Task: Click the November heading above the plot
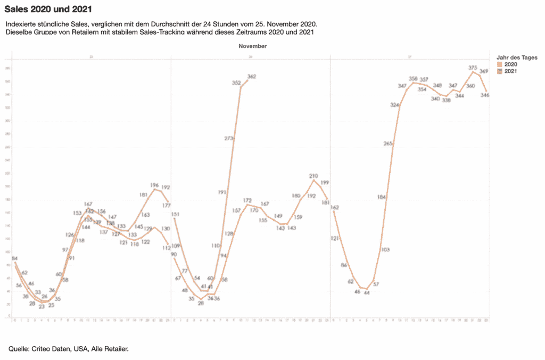[252, 46]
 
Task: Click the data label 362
[252, 77]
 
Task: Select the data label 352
[236, 83]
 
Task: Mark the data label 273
[229, 138]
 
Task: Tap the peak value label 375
[473, 68]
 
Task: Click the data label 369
[484, 71]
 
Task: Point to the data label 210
[313, 176]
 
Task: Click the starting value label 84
[15, 259]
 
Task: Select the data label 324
[394, 105]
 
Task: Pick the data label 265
[388, 143]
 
